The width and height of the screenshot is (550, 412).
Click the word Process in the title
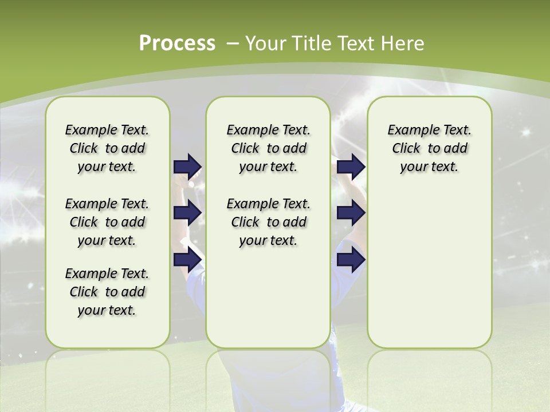click(x=177, y=43)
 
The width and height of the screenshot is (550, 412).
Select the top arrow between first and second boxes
click(x=188, y=167)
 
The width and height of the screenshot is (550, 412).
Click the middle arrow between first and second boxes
click(x=188, y=213)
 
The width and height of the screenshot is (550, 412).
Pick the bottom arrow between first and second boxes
click(x=188, y=260)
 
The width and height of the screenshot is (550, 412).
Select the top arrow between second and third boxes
click(x=351, y=167)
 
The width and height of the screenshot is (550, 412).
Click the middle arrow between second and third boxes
click(x=351, y=213)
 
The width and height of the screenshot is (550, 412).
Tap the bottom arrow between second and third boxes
click(x=351, y=260)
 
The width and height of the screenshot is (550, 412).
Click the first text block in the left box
click(x=107, y=148)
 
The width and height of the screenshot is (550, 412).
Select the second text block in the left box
click(x=107, y=222)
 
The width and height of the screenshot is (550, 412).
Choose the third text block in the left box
click(x=107, y=292)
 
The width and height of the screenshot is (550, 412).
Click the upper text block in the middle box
click(x=268, y=148)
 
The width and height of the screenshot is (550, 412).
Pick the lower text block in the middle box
click(x=268, y=222)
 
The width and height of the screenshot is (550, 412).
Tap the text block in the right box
click(x=429, y=148)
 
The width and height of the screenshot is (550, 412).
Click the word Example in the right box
click(x=408, y=130)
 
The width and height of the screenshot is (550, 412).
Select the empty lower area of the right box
click(x=429, y=269)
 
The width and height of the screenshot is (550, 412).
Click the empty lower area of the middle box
click(x=268, y=298)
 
